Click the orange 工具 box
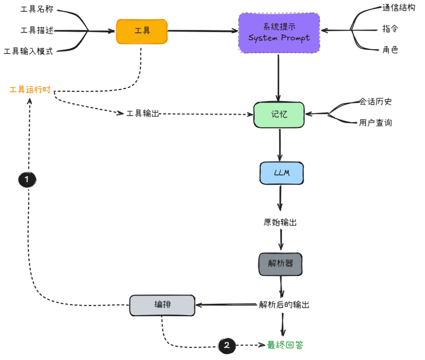coord(142,31)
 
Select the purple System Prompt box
coord(279,33)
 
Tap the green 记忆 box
coord(279,115)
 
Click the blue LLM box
coord(281,173)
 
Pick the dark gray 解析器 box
coord(281,264)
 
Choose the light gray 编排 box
coord(162,305)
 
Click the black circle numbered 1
coord(27,180)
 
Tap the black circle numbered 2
coord(227,346)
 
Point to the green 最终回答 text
coord(285,345)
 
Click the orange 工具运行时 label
coord(30,90)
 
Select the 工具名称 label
coord(37,9)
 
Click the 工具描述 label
coord(37,30)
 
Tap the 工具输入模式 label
coord(28,52)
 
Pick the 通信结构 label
coord(398,8)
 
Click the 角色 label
coord(390,50)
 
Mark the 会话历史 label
coord(375,102)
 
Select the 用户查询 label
coord(375,123)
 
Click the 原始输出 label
coord(280,223)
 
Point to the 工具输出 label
coord(142,114)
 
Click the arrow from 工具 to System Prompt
coord(203,31)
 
